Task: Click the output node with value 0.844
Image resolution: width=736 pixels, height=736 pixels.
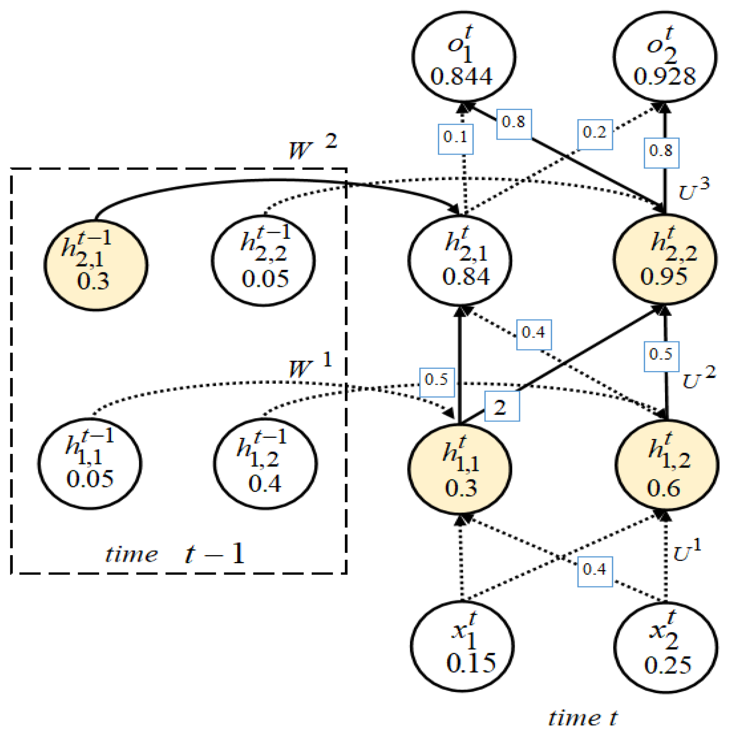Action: point(464,57)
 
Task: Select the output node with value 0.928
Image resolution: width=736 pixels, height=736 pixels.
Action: point(664,57)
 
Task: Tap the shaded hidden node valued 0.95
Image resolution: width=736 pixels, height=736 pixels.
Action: point(664,259)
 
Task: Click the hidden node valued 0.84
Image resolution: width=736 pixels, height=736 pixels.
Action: point(460,260)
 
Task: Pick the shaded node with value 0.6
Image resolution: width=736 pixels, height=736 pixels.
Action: point(666,465)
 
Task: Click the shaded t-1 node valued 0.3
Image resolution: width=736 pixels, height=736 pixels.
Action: point(96,265)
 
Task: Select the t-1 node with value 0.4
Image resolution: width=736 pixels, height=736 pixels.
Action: point(265,464)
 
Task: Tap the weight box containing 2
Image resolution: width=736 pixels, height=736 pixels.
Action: point(501,406)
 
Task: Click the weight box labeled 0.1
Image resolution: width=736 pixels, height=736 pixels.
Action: point(456,139)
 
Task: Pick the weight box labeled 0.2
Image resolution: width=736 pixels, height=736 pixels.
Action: point(594,135)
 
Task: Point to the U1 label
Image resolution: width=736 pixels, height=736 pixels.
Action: point(687,551)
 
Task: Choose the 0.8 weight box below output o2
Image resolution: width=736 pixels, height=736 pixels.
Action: point(661,153)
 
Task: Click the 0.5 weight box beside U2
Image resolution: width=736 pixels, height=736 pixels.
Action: point(661,356)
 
